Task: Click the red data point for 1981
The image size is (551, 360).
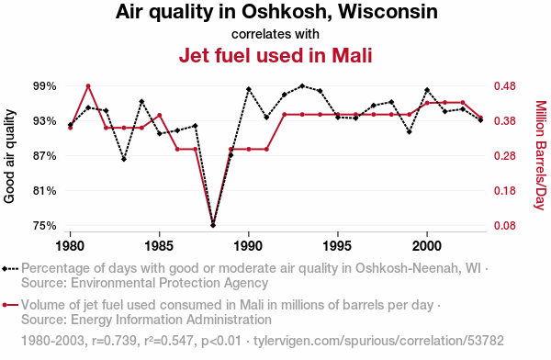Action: click(x=88, y=86)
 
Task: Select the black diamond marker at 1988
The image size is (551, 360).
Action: click(x=213, y=225)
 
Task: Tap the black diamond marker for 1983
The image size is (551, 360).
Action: click(x=124, y=159)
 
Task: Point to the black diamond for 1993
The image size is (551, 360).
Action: click(x=302, y=85)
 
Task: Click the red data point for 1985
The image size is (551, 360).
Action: click(x=160, y=116)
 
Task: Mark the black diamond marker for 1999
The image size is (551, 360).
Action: click(x=409, y=132)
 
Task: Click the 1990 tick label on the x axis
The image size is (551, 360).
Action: click(x=249, y=245)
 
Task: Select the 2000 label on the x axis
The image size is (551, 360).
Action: click(x=427, y=245)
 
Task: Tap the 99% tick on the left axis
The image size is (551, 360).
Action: click(x=45, y=86)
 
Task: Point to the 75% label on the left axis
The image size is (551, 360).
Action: click(x=45, y=225)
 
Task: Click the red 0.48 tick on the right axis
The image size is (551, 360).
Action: click(x=505, y=86)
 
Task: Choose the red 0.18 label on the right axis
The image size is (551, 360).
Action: click(x=505, y=190)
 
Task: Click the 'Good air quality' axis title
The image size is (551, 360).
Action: click(x=9, y=156)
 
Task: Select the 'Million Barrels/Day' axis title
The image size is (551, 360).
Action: click(x=542, y=155)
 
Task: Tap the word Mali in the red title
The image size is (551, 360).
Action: click(x=352, y=55)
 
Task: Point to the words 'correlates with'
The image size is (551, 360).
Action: click(x=275, y=34)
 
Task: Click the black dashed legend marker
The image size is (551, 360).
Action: click(x=10, y=269)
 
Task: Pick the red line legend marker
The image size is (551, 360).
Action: click(x=10, y=305)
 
